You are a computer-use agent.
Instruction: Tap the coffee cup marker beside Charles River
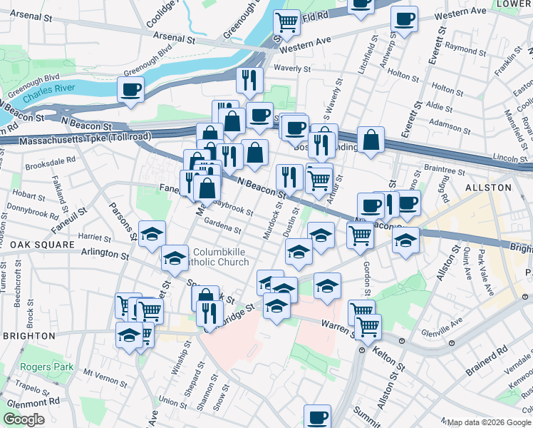pos(131,91)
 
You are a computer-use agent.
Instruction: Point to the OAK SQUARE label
pos(42,244)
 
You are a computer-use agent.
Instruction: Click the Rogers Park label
pos(47,367)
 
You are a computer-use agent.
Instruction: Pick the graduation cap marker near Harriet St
pos(152,235)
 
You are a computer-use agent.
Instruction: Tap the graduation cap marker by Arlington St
pos(174,260)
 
